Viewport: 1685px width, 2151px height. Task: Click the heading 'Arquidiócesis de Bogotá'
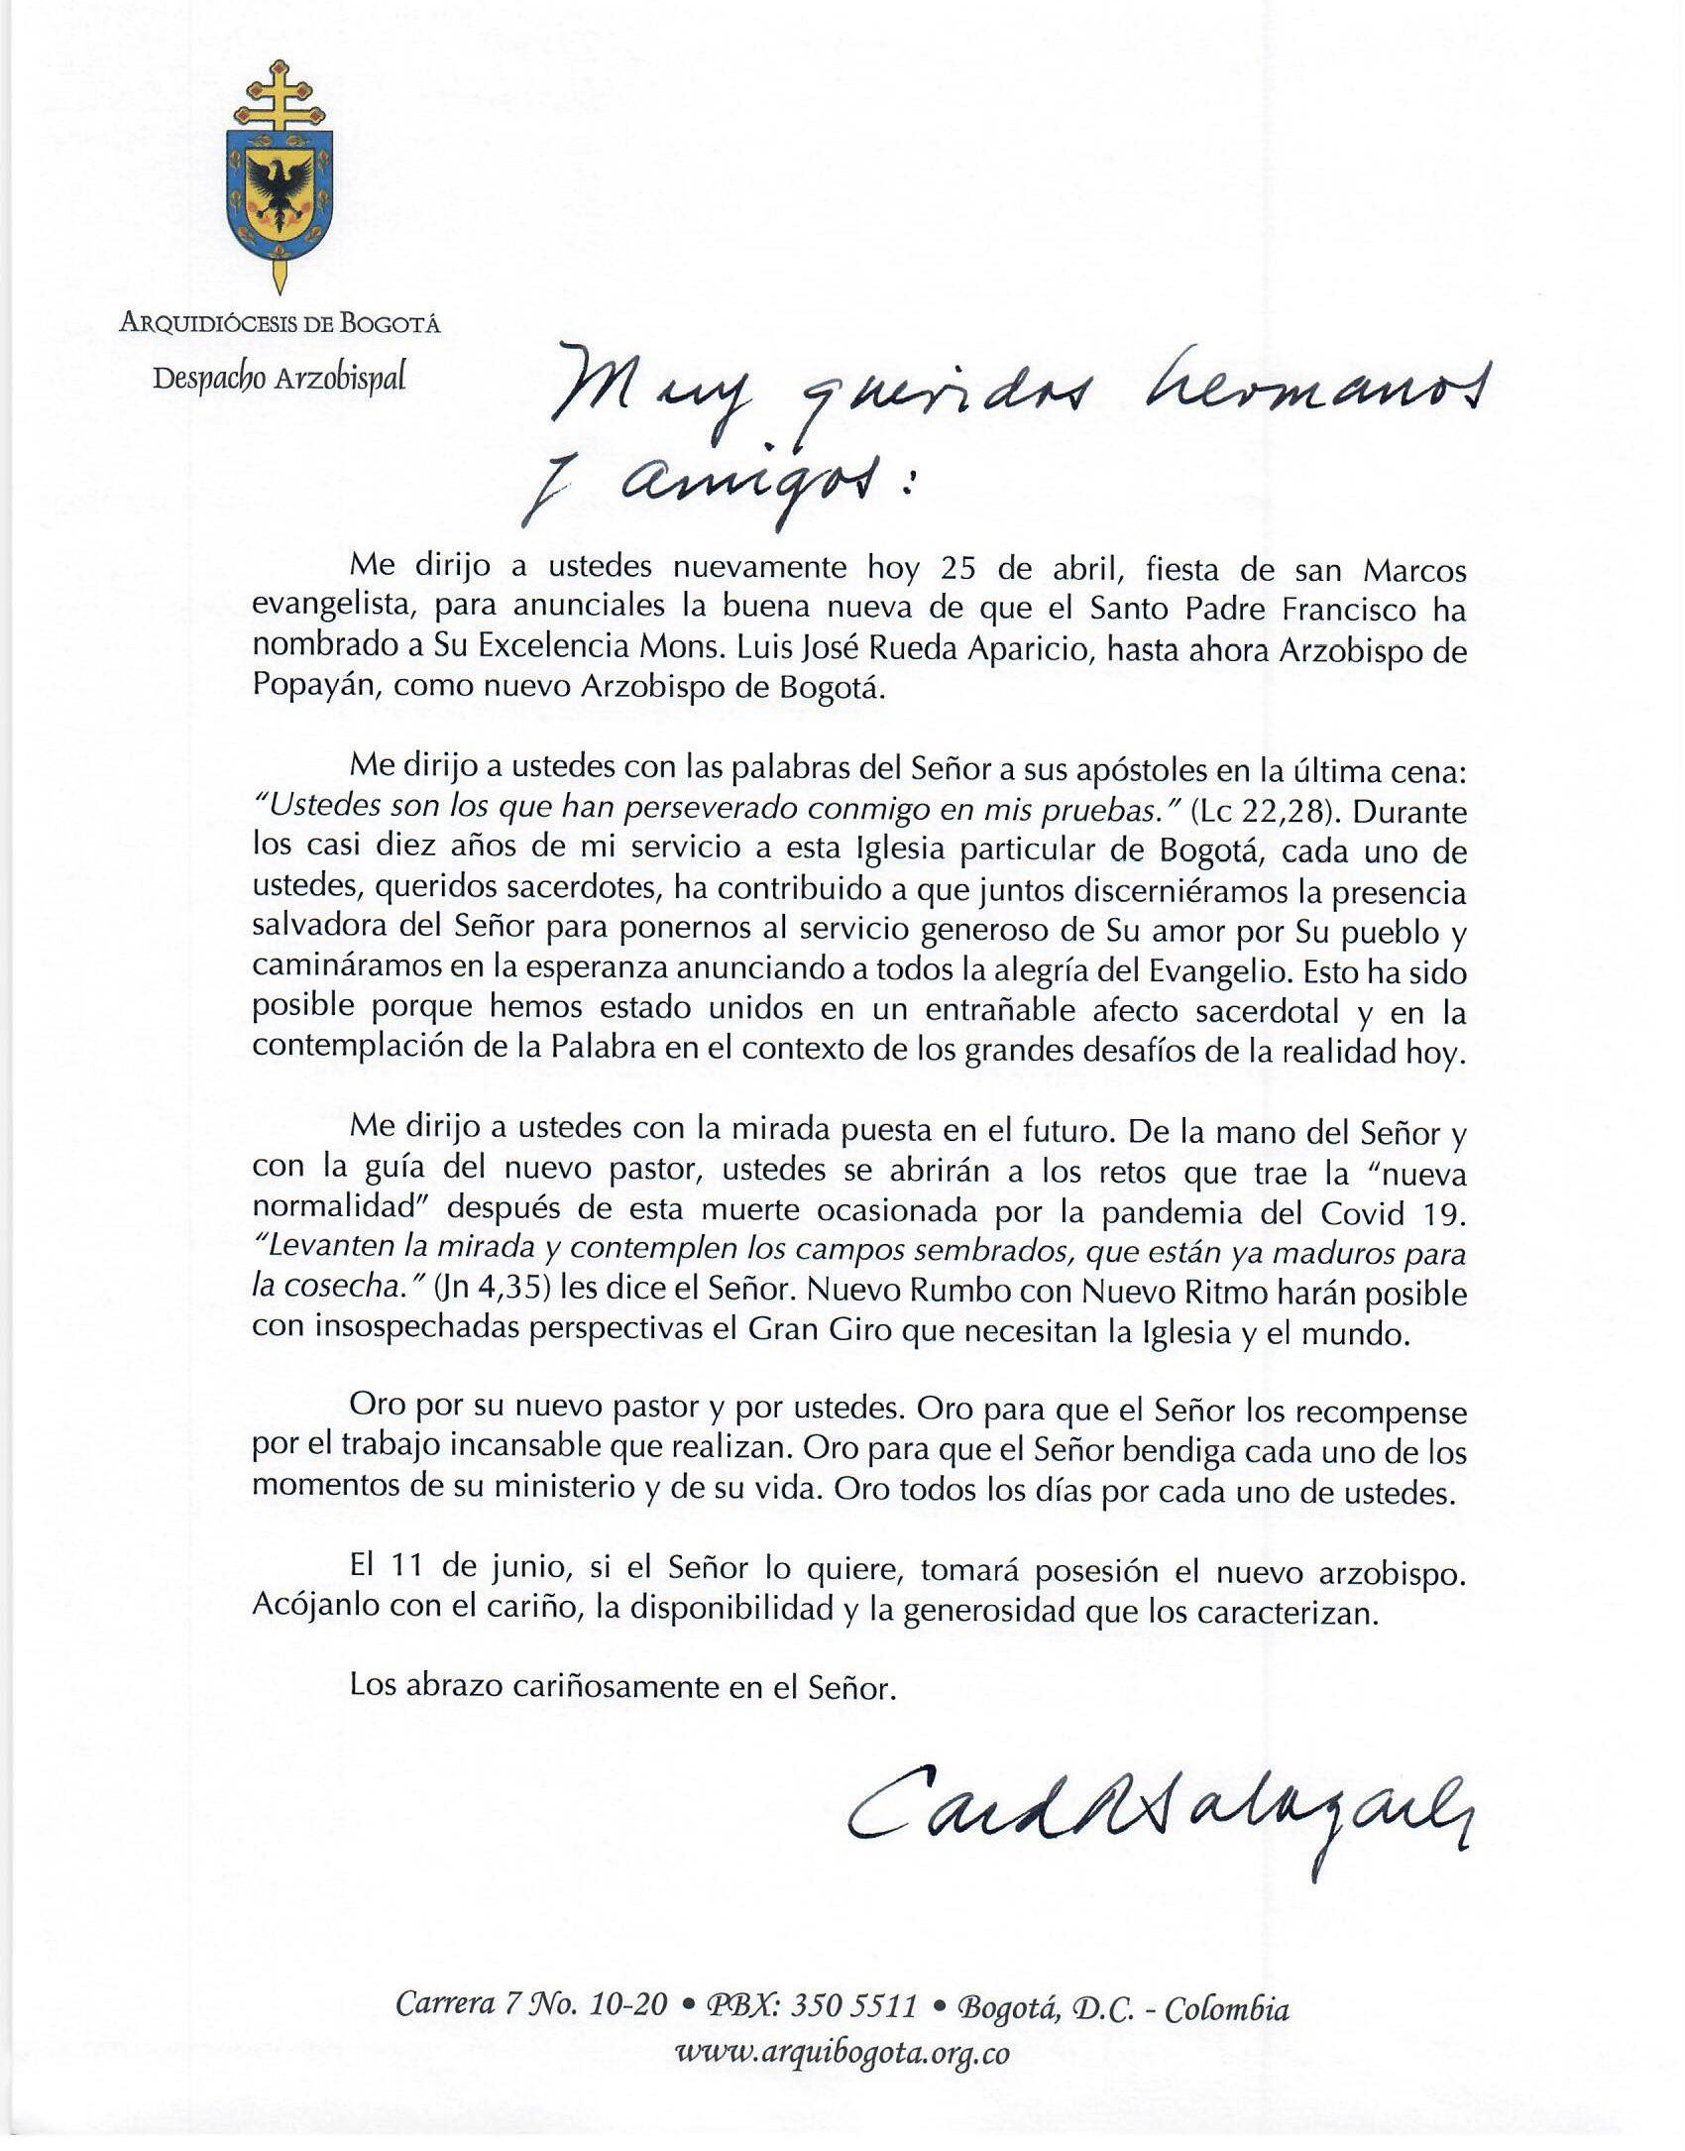[x=280, y=323]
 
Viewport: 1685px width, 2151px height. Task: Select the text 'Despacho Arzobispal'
[x=280, y=380]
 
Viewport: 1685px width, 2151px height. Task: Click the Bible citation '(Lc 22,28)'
[x=1257, y=811]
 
